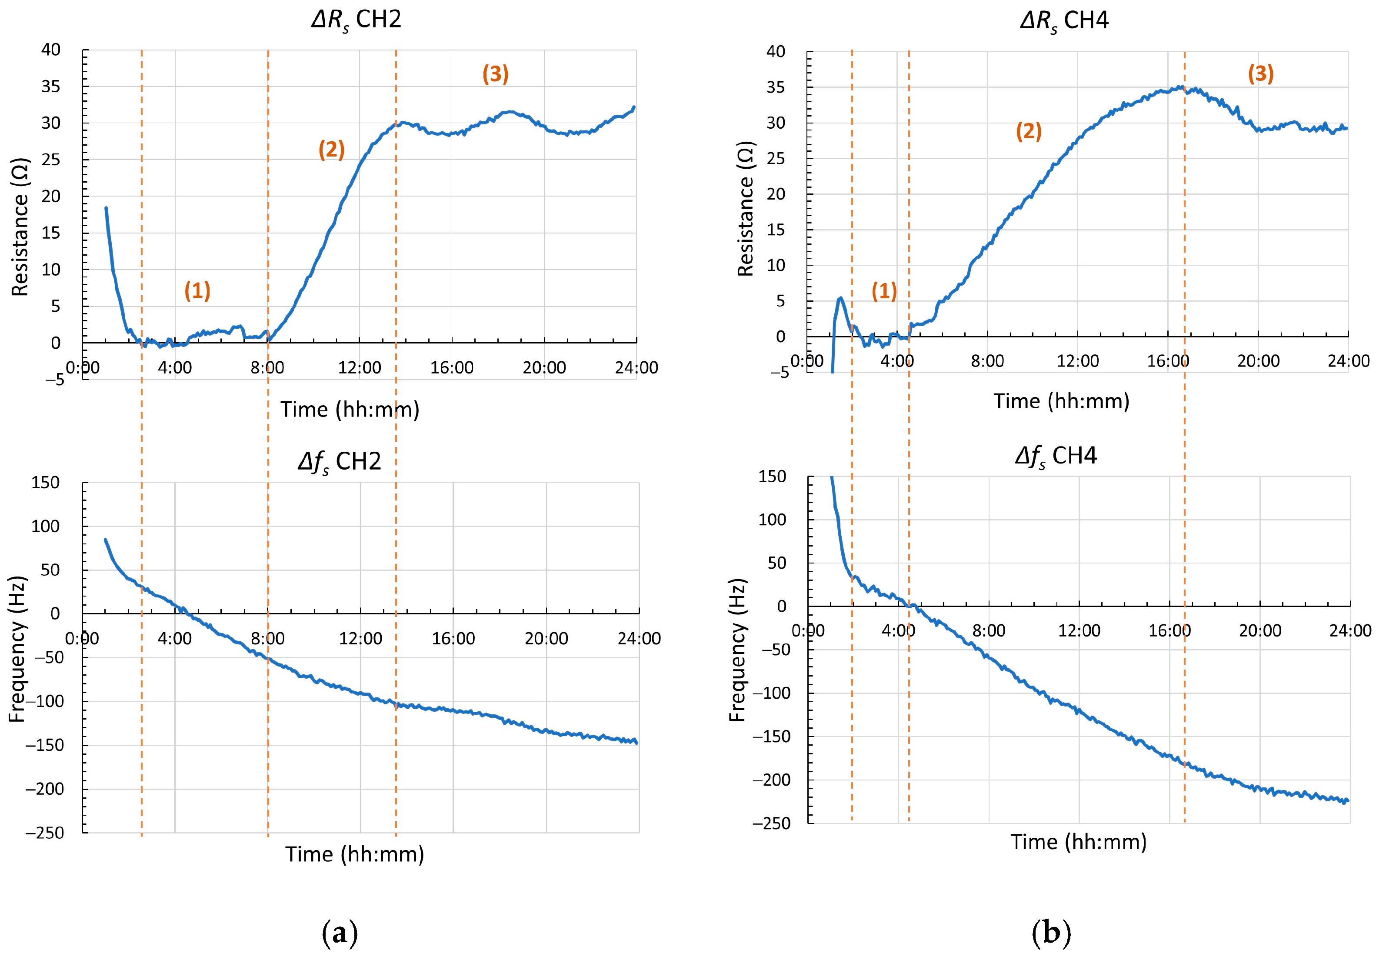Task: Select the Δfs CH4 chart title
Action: pyautogui.click(x=1056, y=457)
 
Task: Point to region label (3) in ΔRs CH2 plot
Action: pyautogui.click(x=496, y=74)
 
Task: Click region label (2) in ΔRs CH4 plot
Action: pyautogui.click(x=1028, y=131)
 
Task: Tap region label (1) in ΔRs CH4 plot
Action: pyautogui.click(x=884, y=291)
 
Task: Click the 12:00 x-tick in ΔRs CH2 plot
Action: pyautogui.click(x=360, y=367)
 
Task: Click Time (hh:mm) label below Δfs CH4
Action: pyautogui.click(x=1079, y=842)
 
